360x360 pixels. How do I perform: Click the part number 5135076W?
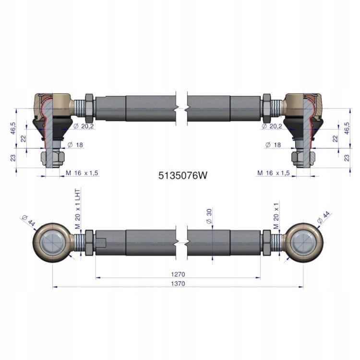click(x=183, y=176)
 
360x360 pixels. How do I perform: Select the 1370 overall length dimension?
click(x=178, y=284)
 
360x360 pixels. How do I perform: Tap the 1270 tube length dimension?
click(x=178, y=275)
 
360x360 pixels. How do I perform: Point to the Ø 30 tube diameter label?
click(x=209, y=216)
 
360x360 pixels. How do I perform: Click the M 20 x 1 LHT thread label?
click(x=78, y=209)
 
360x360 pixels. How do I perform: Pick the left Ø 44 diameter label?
click(x=28, y=221)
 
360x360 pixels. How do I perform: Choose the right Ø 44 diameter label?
click(x=323, y=217)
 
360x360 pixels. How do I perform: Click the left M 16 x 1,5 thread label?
click(x=82, y=173)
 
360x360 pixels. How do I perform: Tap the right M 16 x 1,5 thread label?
click(x=274, y=173)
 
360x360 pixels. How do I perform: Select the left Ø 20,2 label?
click(x=84, y=126)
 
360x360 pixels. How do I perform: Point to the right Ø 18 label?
click(x=273, y=145)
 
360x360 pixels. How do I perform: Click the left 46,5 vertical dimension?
click(x=13, y=128)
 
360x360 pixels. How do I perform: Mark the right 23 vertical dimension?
click(x=347, y=158)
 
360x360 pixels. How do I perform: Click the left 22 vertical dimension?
click(x=24, y=139)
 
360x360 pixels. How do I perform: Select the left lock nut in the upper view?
click(x=89, y=108)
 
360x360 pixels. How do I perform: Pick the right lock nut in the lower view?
click(x=266, y=242)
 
